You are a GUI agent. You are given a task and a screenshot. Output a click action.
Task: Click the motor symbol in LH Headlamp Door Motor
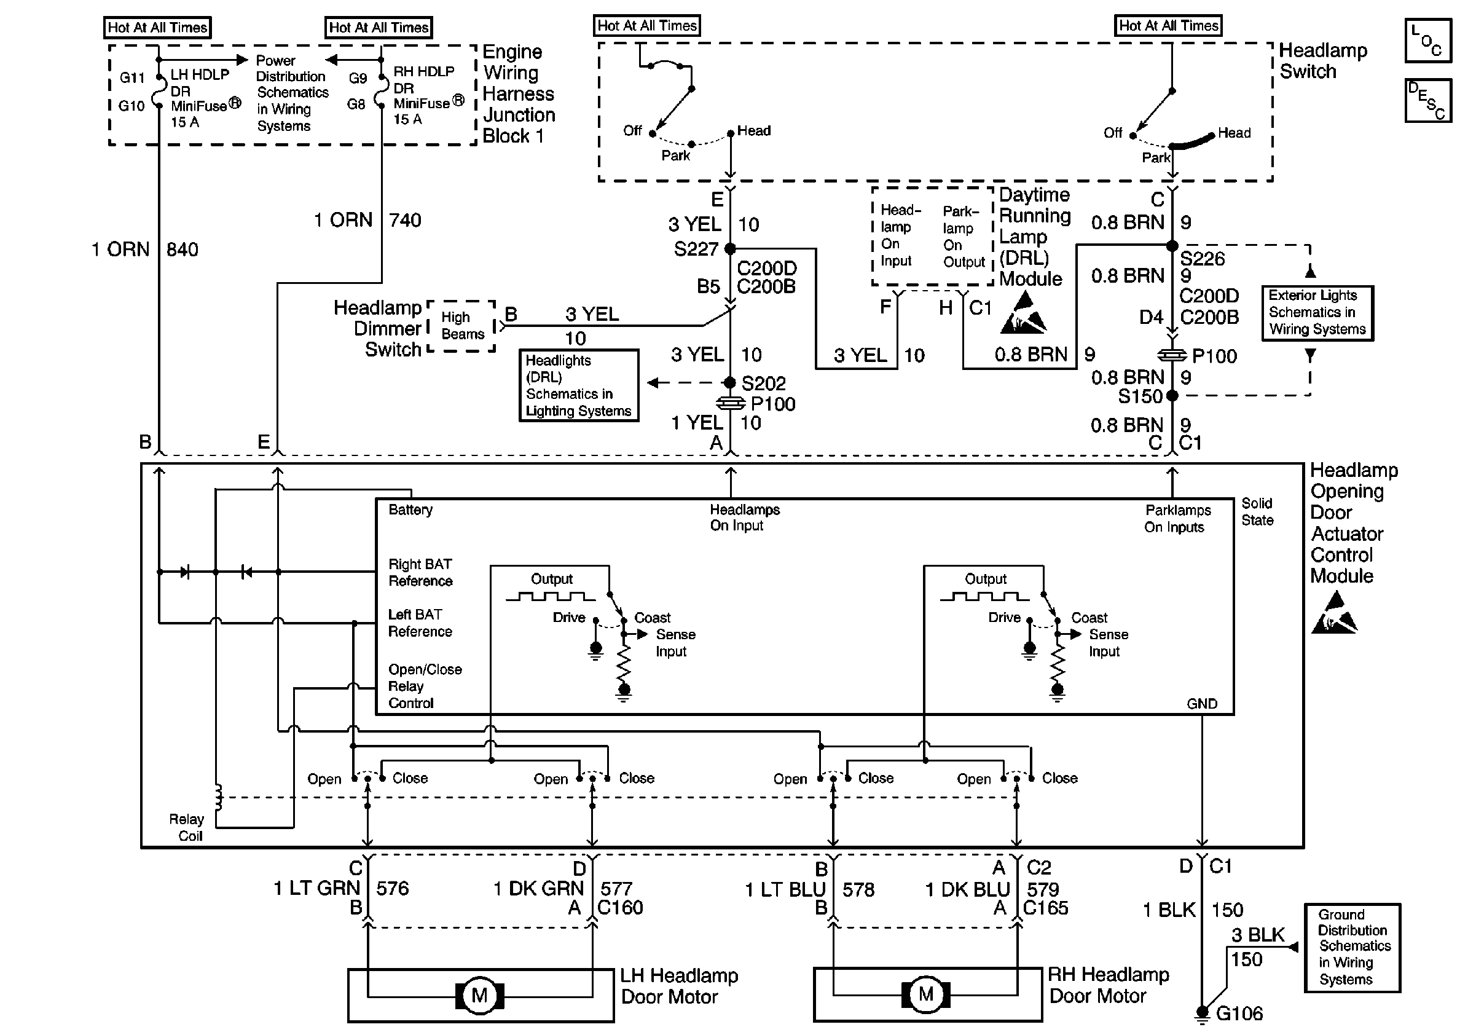pyautogui.click(x=479, y=995)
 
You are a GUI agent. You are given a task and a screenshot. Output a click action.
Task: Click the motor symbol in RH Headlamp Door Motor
pyautogui.click(x=925, y=994)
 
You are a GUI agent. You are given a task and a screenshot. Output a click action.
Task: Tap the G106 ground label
pyautogui.click(x=1239, y=1013)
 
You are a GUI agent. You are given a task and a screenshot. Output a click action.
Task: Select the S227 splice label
pyautogui.click(x=696, y=249)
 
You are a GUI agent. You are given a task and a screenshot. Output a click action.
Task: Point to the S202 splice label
pyautogui.click(x=764, y=384)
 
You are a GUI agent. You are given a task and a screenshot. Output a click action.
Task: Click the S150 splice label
pyautogui.click(x=1140, y=396)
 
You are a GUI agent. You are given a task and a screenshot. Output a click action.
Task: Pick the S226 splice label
pyautogui.click(x=1202, y=258)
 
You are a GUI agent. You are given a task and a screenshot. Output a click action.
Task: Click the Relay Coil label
pyautogui.click(x=186, y=827)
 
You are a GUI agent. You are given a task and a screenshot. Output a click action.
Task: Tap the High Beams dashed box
pyautogui.click(x=462, y=326)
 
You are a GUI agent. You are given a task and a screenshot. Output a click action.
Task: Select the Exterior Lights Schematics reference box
pyautogui.click(x=1317, y=312)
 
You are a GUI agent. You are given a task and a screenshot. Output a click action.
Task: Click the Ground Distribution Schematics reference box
pyautogui.click(x=1352, y=947)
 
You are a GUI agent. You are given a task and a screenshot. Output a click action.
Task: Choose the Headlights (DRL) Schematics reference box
pyautogui.click(x=579, y=385)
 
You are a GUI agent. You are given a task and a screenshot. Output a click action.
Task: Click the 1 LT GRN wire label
pyautogui.click(x=316, y=887)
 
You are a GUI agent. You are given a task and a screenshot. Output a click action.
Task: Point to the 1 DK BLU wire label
pyautogui.click(x=967, y=889)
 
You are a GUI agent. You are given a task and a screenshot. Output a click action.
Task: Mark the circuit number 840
pyautogui.click(x=182, y=250)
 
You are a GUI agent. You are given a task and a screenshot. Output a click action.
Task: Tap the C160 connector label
pyautogui.click(x=620, y=908)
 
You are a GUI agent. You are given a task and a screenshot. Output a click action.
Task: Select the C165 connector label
pyautogui.click(x=1045, y=908)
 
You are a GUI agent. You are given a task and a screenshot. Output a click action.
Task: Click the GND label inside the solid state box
pyautogui.click(x=1201, y=704)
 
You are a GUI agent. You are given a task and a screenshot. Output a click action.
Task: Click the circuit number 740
pyautogui.click(x=405, y=221)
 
